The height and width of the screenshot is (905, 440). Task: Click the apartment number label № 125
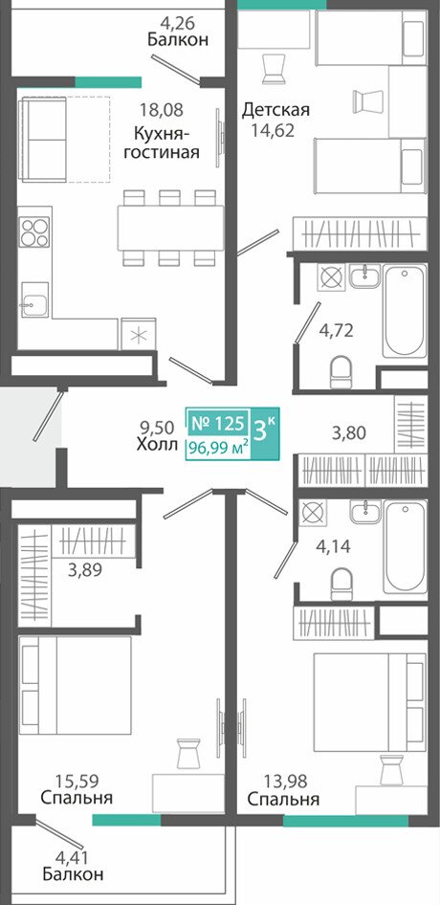click(217, 424)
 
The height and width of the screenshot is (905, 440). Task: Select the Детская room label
click(276, 109)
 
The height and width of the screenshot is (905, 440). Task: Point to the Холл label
click(158, 444)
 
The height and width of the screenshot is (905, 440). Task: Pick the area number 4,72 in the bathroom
click(336, 331)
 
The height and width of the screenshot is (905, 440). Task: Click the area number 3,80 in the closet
click(349, 431)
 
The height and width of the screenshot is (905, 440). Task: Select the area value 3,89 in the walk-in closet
click(84, 570)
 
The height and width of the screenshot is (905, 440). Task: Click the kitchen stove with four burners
click(34, 232)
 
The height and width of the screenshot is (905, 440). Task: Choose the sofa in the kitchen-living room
click(43, 139)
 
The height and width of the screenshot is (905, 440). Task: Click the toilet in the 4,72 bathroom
click(341, 372)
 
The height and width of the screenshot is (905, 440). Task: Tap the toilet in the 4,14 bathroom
click(341, 584)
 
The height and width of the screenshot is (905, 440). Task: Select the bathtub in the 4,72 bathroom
click(406, 312)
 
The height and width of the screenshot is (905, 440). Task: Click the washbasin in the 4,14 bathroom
click(365, 512)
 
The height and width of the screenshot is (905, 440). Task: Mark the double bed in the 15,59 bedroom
click(75, 685)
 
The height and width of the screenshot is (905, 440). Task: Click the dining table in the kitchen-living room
click(171, 228)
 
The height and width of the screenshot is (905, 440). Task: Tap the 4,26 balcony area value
click(178, 24)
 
